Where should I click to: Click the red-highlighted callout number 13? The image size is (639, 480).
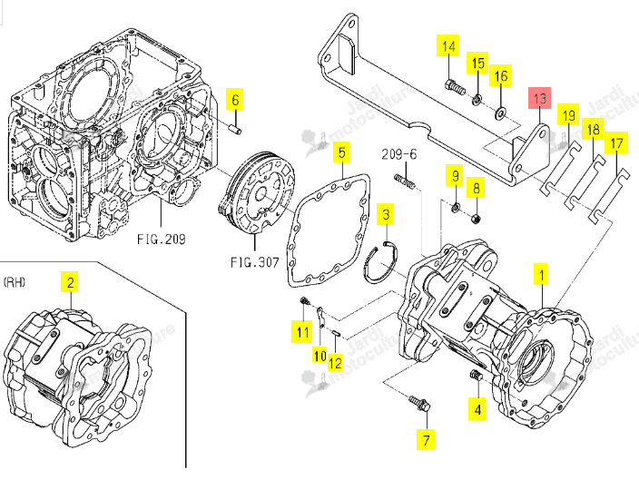coord(539,98)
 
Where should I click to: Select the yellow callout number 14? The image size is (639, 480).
coord(448,45)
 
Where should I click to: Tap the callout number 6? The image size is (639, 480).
coord(235,99)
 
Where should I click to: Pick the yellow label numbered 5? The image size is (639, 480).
coord(342,152)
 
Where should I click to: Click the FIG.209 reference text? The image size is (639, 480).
coord(162,239)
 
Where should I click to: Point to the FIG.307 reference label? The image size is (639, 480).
coord(255,262)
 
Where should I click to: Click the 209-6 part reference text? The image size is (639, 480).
coord(399,154)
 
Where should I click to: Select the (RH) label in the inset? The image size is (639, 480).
coord(15,282)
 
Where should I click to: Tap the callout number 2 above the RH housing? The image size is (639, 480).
coord(70,282)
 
